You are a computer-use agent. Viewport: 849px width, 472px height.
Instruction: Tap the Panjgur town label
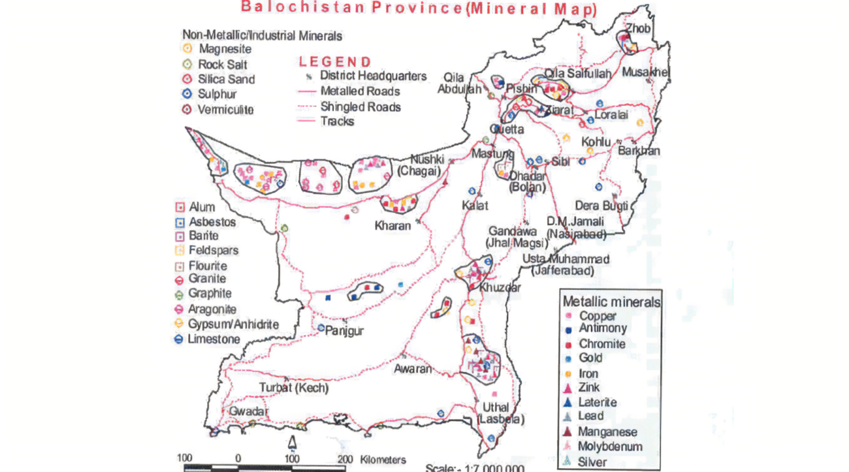(344, 331)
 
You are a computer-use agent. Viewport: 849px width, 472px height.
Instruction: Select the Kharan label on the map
(393, 227)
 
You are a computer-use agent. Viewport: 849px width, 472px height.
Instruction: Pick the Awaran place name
(413, 368)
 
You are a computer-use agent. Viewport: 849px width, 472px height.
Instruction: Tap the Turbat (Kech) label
(294, 388)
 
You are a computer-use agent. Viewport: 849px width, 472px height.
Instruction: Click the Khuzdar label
(500, 287)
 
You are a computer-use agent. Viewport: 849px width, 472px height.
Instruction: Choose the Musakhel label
(645, 72)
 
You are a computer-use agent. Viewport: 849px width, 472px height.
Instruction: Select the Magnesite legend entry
(225, 49)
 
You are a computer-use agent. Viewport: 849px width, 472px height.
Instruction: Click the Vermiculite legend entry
(226, 110)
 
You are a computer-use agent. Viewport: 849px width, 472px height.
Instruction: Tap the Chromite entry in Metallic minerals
(601, 343)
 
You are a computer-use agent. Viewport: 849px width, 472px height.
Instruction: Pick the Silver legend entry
(592, 462)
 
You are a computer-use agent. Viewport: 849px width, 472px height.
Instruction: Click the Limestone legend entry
(214, 339)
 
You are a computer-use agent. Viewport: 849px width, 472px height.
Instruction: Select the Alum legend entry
(202, 207)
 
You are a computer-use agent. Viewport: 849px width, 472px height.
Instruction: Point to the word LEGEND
(335, 62)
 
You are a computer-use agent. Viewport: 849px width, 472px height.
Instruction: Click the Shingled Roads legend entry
(360, 106)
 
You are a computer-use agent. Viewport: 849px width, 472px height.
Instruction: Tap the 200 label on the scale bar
(345, 459)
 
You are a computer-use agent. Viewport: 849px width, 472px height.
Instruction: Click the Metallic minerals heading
(611, 302)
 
